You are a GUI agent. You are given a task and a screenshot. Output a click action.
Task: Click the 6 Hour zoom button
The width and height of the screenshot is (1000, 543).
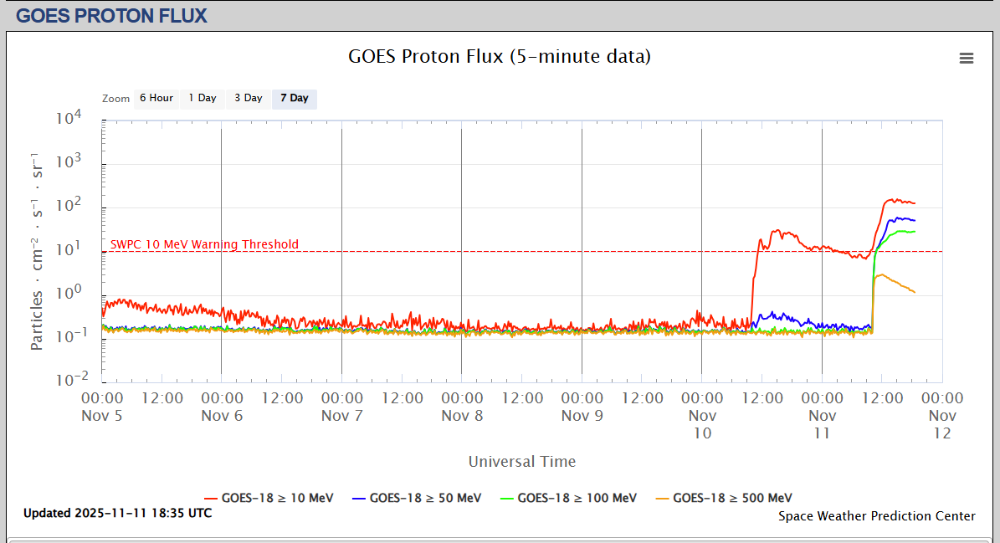[x=156, y=99]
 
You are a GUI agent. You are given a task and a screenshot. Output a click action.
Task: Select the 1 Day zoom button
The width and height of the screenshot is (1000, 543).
[x=202, y=99]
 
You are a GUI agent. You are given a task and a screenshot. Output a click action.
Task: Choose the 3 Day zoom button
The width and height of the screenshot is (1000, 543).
[x=248, y=99]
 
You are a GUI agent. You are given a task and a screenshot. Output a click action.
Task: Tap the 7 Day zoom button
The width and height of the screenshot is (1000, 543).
[x=295, y=99]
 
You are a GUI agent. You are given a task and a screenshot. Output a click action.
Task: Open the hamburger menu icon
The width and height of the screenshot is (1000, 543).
[x=967, y=58]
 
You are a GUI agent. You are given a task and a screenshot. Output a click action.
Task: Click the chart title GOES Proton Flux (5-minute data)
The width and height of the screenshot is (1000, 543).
[x=500, y=57]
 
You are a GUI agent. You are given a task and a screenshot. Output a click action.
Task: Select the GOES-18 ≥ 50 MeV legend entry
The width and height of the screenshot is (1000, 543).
[x=417, y=498]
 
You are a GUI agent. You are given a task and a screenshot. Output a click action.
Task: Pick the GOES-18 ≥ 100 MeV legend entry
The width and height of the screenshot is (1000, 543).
[x=568, y=498]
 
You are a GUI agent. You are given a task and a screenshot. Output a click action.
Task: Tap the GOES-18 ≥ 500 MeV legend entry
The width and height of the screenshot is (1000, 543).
[x=724, y=498]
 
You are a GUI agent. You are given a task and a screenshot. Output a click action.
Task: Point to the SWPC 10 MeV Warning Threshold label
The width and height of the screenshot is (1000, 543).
[x=204, y=244]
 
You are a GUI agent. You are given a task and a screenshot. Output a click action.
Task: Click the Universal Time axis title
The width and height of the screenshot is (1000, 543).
[x=522, y=461]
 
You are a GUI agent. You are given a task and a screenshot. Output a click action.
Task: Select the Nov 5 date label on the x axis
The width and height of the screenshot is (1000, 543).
[x=102, y=415]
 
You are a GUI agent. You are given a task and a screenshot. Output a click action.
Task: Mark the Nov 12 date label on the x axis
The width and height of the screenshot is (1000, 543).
[x=942, y=424]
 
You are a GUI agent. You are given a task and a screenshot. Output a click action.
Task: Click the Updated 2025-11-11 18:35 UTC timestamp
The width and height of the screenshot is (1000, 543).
[x=117, y=513]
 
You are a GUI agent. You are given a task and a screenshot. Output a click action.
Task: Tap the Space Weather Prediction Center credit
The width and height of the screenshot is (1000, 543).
[x=876, y=516]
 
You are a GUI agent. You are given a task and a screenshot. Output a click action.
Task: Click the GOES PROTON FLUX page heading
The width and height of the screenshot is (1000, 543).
[x=112, y=15]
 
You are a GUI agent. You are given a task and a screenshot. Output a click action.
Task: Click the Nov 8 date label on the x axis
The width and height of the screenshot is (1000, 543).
[x=462, y=415]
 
